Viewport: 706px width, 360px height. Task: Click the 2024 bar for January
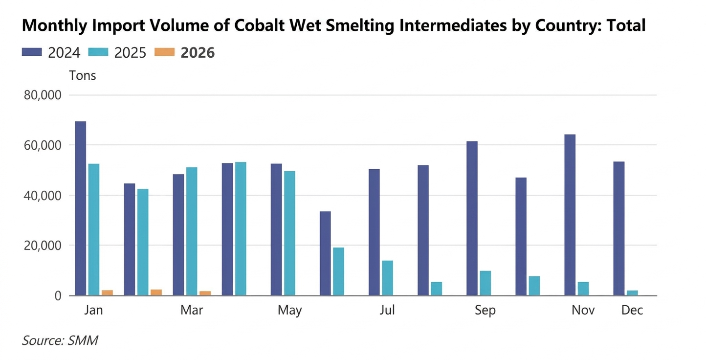point(81,208)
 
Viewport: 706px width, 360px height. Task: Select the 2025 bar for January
point(94,229)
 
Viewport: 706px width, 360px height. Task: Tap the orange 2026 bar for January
point(107,293)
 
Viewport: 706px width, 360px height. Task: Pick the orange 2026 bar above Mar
point(205,293)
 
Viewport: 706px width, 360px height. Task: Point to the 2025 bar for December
point(632,293)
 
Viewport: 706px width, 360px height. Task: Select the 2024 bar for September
point(472,218)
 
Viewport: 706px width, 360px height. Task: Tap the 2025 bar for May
point(289,233)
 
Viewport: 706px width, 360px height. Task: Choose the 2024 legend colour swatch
point(32,52)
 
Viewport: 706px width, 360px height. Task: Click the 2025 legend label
point(131,53)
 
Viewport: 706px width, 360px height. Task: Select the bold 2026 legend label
point(198,53)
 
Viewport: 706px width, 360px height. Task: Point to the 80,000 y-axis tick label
point(43,95)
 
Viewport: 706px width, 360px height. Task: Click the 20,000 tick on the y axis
point(43,246)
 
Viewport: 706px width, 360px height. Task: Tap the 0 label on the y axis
point(57,296)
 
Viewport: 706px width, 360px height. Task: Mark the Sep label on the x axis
point(485,311)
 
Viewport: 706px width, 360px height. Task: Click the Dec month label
point(632,311)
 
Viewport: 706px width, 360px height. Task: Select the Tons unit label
point(83,76)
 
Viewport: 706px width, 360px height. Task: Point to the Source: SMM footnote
point(60,341)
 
